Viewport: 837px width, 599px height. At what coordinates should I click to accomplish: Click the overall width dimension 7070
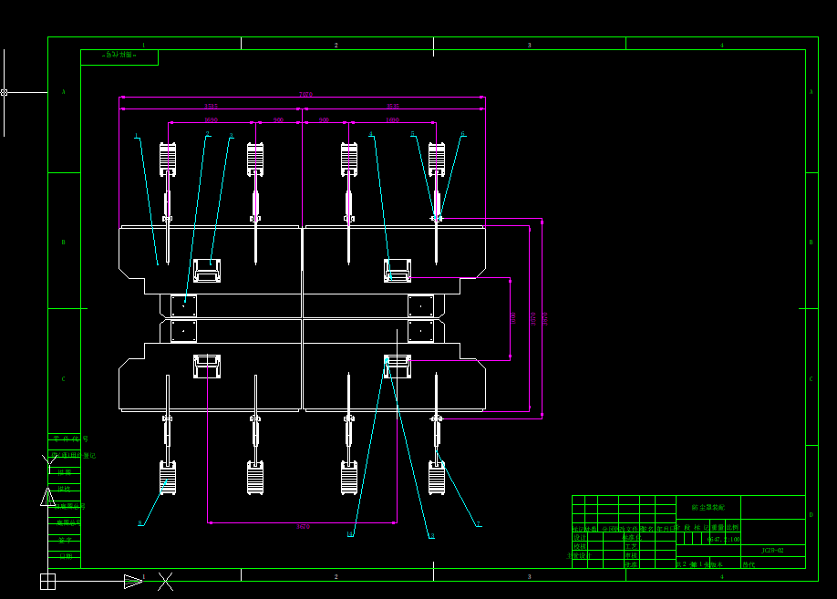(x=305, y=94)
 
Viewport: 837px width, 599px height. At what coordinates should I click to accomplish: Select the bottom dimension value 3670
(x=303, y=526)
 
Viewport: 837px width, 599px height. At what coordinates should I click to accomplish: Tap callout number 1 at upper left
(x=137, y=137)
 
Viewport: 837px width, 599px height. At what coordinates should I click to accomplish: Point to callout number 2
(x=208, y=134)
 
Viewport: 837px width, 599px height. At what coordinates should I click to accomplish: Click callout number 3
(x=231, y=136)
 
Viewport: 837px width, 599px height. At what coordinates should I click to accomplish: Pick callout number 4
(x=370, y=135)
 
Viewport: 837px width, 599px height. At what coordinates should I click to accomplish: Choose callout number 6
(x=462, y=134)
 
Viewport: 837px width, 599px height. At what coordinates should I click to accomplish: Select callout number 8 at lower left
(x=140, y=523)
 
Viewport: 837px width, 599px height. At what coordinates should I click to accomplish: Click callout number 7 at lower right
(x=478, y=524)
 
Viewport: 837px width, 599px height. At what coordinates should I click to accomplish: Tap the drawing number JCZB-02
(x=772, y=551)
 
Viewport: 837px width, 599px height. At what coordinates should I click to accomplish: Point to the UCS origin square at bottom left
(x=47, y=581)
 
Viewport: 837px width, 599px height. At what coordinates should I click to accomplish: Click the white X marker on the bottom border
(x=165, y=581)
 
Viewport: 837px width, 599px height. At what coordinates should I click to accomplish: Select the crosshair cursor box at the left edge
(x=4, y=92)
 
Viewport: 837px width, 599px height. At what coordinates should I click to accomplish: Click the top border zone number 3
(x=529, y=45)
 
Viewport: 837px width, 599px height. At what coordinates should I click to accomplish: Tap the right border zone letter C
(x=811, y=378)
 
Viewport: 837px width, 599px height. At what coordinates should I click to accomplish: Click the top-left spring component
(x=168, y=159)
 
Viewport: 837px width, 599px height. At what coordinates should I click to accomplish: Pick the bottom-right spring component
(x=437, y=478)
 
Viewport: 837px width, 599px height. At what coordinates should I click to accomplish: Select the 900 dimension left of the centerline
(x=278, y=119)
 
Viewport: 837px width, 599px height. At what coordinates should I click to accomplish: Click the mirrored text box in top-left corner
(x=119, y=56)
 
